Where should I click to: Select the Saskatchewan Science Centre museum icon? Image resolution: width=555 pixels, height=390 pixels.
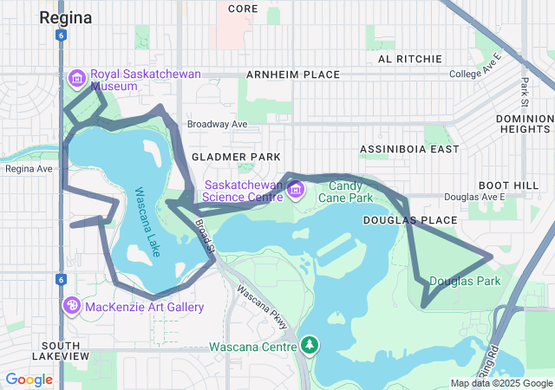pyautogui.click(x=296, y=189)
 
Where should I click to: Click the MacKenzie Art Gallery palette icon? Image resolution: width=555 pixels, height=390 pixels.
pyautogui.click(x=72, y=306)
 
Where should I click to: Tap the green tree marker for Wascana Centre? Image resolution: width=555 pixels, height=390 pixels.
pyautogui.click(x=310, y=347)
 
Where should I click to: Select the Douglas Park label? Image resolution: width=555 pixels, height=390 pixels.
pyautogui.click(x=464, y=281)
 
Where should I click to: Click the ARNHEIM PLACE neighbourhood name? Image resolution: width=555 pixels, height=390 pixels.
pyautogui.click(x=293, y=75)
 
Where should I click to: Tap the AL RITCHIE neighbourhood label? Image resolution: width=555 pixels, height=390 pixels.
pyautogui.click(x=410, y=59)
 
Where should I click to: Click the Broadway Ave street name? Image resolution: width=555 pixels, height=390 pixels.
pyautogui.click(x=217, y=124)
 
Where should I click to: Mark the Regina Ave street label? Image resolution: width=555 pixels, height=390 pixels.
pyautogui.click(x=29, y=168)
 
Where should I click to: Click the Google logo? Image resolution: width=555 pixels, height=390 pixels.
pyautogui.click(x=29, y=379)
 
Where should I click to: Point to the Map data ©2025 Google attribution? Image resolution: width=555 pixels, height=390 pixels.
pyautogui.click(x=501, y=383)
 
